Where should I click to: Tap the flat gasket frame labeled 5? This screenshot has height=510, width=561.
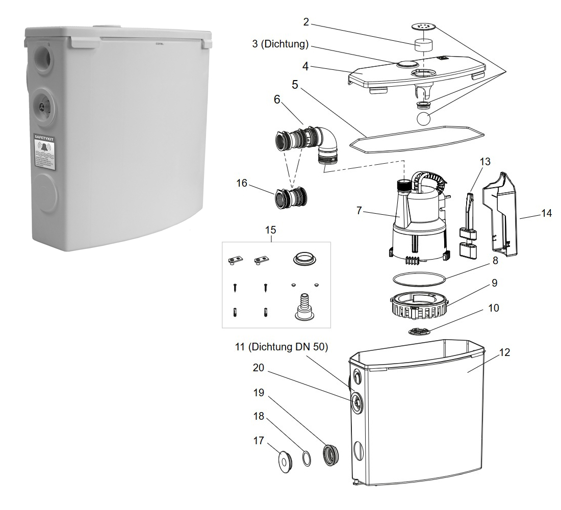coord(417,138)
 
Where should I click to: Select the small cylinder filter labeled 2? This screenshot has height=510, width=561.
coord(421,45)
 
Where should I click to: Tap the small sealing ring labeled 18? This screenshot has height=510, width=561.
coord(306,458)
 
